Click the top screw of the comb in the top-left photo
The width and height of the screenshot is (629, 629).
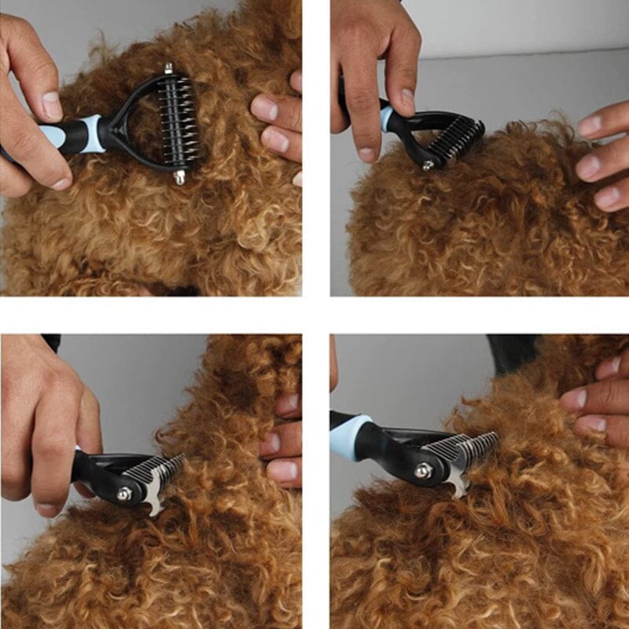coord(168,70)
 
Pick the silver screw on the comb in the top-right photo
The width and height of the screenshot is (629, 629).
coord(428,165)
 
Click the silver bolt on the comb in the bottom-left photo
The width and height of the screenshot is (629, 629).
coord(124,494)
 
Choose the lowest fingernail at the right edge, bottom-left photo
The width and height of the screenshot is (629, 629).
coord(281,472)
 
